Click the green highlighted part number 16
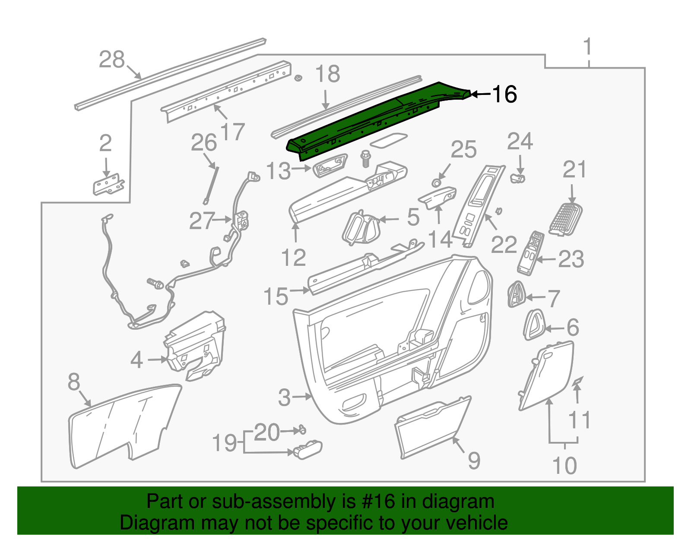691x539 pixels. (x=371, y=121)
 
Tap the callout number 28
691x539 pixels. (x=111, y=60)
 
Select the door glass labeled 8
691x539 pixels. (x=123, y=425)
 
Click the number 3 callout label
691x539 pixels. (x=284, y=397)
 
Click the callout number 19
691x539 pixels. (x=225, y=443)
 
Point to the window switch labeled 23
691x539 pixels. (x=530, y=254)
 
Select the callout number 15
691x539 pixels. (x=276, y=296)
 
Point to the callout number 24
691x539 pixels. (x=520, y=142)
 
